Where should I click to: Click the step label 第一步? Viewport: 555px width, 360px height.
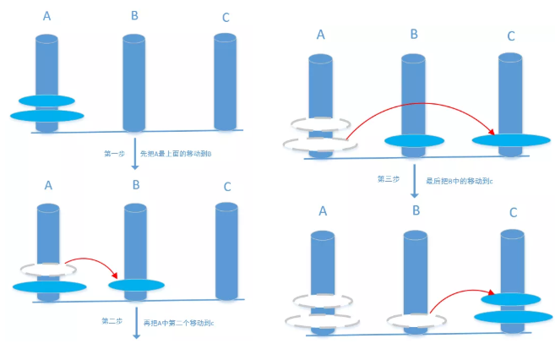(x=112, y=153)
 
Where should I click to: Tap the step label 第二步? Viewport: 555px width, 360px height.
(x=112, y=322)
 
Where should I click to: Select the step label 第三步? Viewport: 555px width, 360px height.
(x=389, y=179)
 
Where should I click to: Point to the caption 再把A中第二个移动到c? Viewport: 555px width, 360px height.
(x=178, y=322)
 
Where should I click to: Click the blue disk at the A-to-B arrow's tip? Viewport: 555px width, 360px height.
(x=135, y=286)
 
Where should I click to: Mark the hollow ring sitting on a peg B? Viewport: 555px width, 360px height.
(x=414, y=320)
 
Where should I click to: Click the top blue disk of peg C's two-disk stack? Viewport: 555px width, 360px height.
(x=509, y=298)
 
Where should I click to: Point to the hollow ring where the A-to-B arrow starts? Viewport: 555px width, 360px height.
(x=47, y=270)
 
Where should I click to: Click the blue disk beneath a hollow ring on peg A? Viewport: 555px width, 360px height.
(x=48, y=287)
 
